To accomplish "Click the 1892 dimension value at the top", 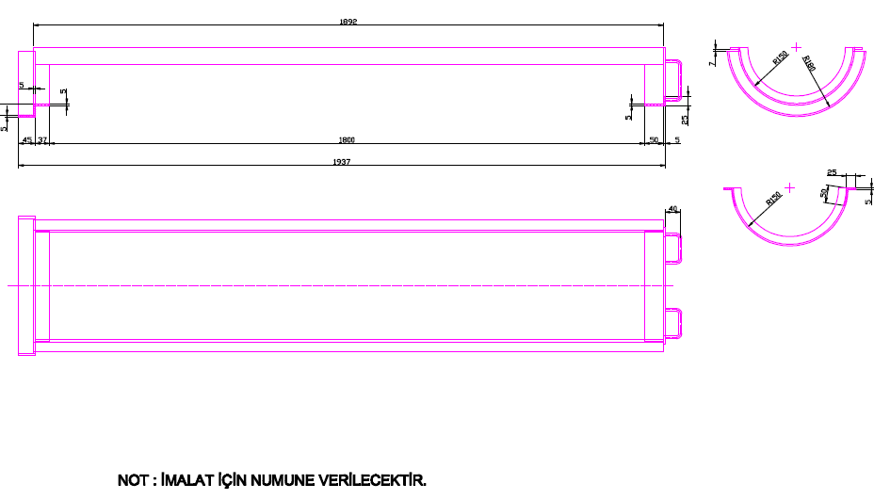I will (x=348, y=21).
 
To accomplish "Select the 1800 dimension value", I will (x=347, y=140).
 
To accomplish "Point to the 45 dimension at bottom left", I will (x=26, y=140).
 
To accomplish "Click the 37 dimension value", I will (x=42, y=140).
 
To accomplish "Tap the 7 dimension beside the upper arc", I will (x=714, y=62).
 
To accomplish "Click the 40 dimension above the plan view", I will (x=672, y=208).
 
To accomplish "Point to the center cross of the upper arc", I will (x=797, y=45).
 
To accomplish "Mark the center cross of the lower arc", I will (x=789, y=187).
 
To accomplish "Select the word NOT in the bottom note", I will (x=131, y=481).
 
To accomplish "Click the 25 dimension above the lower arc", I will (x=832, y=172).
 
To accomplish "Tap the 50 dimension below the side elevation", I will (x=654, y=140).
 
